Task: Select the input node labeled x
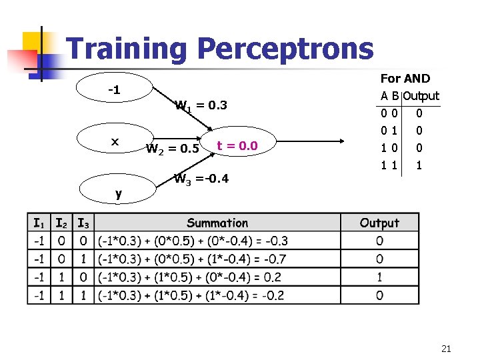click(x=114, y=141)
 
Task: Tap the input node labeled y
click(x=118, y=193)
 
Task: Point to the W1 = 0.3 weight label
click(x=201, y=105)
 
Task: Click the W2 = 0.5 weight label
click(x=172, y=147)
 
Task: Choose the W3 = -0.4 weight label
click(x=201, y=178)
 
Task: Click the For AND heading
click(x=405, y=79)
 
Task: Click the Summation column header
click(x=217, y=223)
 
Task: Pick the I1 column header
click(x=39, y=223)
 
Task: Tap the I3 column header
click(x=84, y=223)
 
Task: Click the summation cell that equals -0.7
click(x=190, y=259)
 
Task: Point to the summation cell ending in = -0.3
click(x=190, y=241)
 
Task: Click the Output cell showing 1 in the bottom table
click(x=379, y=277)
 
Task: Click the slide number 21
click(x=446, y=348)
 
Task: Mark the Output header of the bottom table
click(x=379, y=223)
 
